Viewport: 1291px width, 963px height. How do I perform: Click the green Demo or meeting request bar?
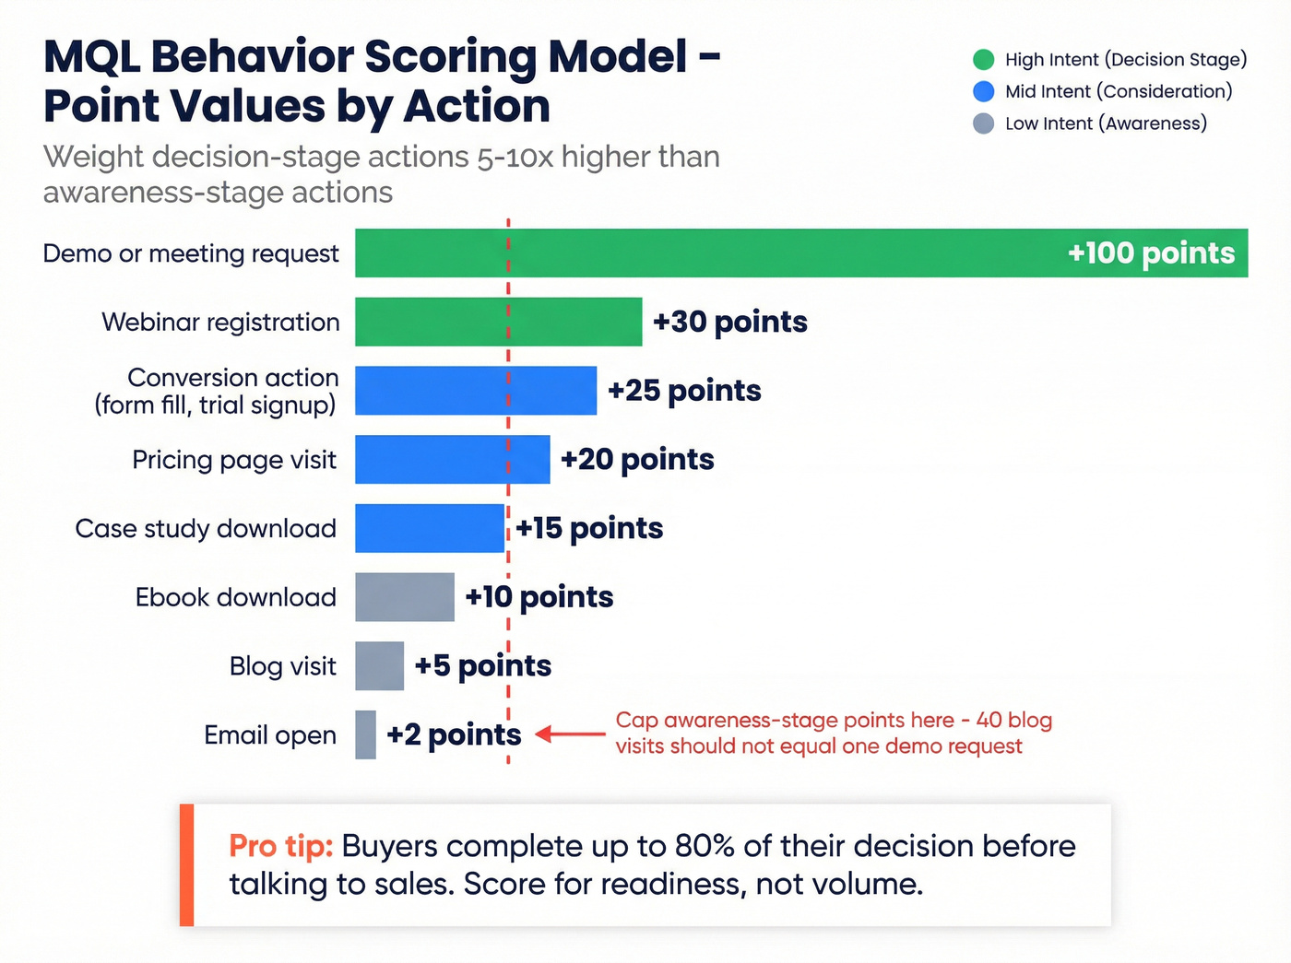701,252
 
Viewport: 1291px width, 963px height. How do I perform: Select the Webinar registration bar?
498,322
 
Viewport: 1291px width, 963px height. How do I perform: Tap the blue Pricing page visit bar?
452,459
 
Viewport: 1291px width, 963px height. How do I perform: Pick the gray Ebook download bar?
404,597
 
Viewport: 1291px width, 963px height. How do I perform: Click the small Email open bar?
365,734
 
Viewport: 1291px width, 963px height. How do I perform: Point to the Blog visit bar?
379,665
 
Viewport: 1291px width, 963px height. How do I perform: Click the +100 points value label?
1150,252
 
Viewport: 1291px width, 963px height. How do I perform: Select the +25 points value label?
684,391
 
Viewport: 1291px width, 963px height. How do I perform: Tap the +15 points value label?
589,528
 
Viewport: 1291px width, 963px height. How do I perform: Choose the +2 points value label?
454,734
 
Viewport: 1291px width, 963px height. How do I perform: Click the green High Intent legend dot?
983,60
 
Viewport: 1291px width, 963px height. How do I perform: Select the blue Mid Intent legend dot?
983,91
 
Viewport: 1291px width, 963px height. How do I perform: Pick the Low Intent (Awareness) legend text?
1106,123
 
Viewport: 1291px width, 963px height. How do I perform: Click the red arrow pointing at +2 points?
570,734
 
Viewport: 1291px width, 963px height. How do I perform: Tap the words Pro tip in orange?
280,846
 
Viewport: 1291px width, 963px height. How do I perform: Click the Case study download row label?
206,528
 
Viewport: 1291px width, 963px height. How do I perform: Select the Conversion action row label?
218,391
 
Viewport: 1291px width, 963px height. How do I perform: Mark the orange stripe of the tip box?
186,864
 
